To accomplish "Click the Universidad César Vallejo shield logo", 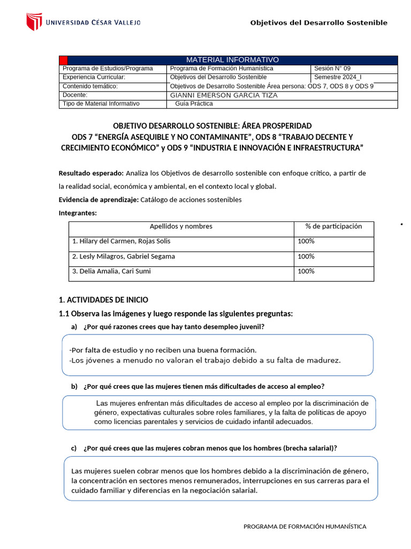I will tap(34, 22).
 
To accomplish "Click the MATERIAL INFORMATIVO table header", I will tap(232, 60).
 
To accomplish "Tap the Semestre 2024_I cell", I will tap(338, 77).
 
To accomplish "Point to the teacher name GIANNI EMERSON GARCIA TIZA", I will tap(223, 95).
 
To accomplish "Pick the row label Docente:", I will tap(75, 95).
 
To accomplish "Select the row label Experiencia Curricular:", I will tap(94, 77).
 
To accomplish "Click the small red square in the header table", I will tap(63, 60).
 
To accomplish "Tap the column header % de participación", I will tap(333, 226).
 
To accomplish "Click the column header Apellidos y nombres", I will tap(181, 226).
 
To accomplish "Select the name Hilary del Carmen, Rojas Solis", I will tap(121, 241).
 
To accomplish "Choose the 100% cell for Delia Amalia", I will tap(306, 271).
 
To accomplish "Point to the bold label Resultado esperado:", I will tap(91, 173).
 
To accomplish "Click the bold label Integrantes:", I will tap(78, 213).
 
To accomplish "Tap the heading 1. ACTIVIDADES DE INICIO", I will tap(103, 300).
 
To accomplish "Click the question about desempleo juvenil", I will tap(174, 327).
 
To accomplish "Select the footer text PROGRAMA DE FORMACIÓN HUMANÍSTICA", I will tap(305, 526).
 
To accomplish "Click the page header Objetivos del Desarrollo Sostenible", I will tap(319, 23).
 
